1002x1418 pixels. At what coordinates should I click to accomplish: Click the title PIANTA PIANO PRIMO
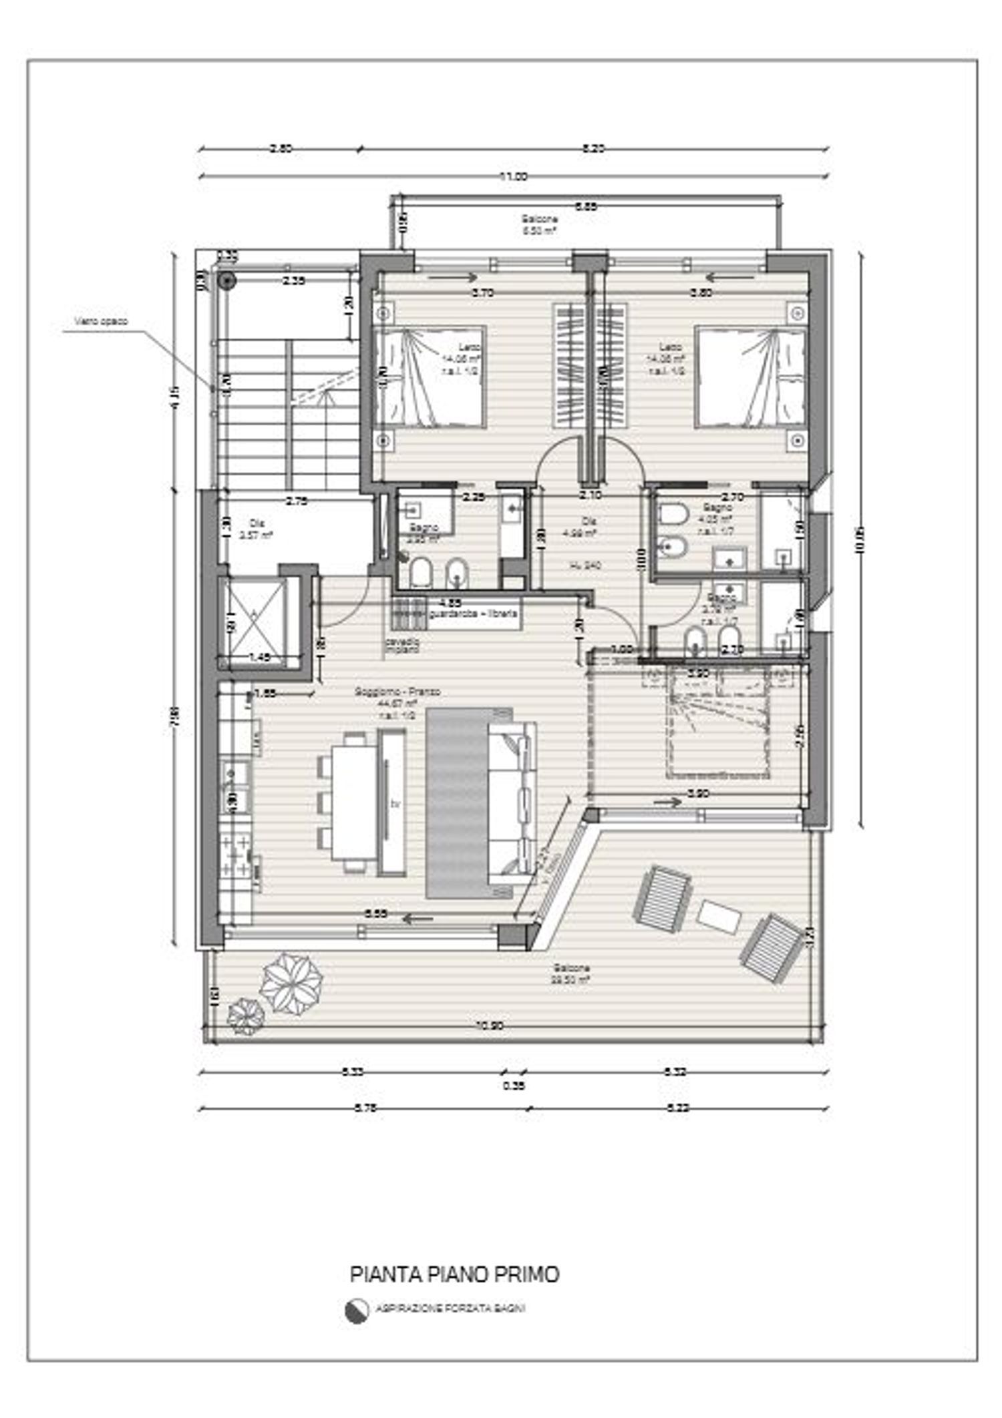point(454,1274)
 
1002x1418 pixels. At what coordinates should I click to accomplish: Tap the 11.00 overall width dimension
point(513,177)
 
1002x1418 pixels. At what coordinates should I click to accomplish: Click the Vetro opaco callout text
point(101,321)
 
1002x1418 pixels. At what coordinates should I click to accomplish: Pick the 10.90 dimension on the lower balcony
point(491,1027)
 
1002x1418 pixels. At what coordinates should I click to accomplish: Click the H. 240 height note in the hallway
point(586,565)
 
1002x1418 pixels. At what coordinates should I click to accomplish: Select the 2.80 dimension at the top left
point(281,149)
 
